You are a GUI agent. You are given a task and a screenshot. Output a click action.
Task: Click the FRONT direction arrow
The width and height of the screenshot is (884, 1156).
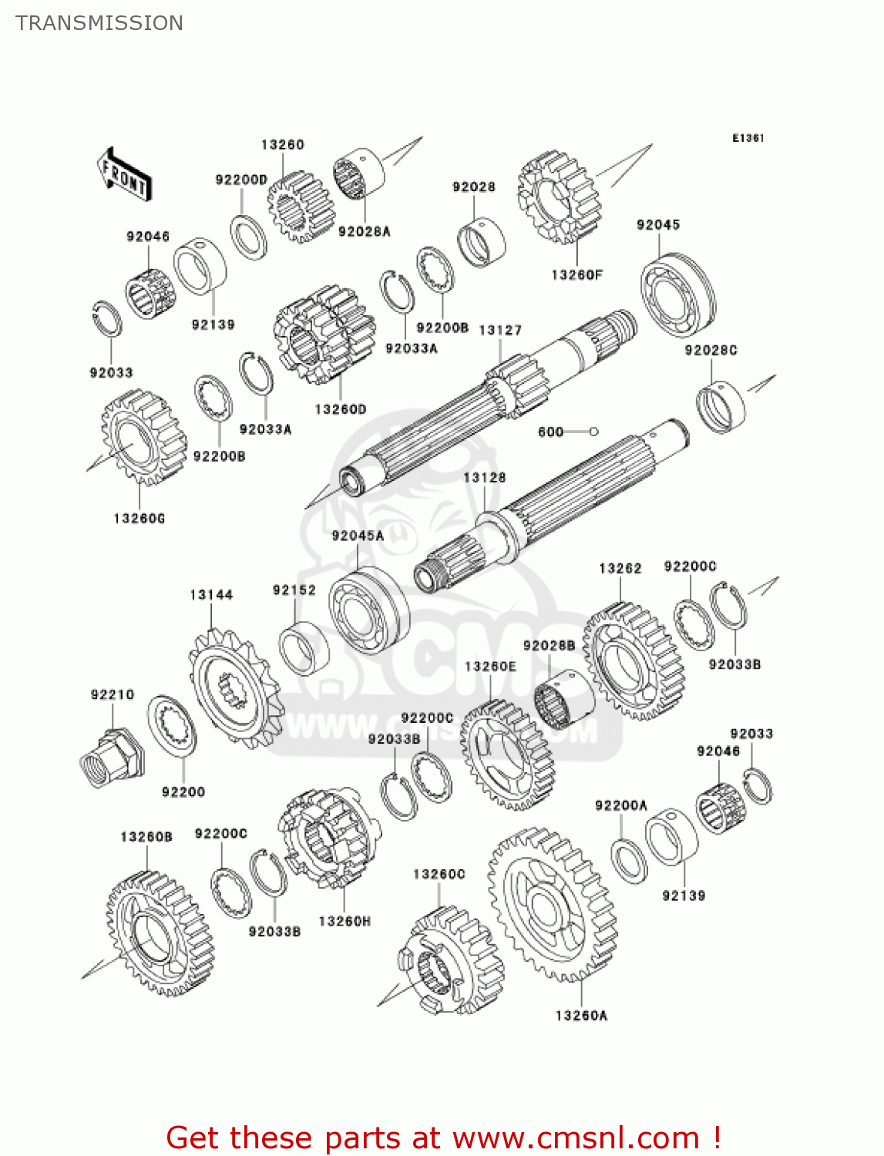[x=124, y=176]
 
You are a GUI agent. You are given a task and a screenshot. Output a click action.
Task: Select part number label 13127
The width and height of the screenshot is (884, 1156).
[x=500, y=330]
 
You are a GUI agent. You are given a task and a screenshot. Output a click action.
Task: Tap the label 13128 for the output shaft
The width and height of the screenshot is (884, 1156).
[x=485, y=478]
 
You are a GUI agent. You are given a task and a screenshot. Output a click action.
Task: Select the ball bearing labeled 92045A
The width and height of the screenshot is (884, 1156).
[x=368, y=611]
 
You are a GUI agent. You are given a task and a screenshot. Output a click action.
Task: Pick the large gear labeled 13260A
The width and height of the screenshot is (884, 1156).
[x=551, y=906]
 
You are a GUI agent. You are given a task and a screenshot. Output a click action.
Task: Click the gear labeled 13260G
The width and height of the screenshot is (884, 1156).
[x=143, y=438]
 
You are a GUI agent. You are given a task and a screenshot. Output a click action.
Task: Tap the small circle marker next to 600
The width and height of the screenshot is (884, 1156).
[x=593, y=432]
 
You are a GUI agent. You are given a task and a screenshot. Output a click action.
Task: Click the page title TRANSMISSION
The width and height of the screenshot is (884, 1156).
[x=99, y=23]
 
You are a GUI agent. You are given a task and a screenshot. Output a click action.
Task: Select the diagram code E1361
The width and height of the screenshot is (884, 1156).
[x=748, y=138]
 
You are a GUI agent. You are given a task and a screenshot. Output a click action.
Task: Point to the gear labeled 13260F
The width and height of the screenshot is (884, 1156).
[x=559, y=197]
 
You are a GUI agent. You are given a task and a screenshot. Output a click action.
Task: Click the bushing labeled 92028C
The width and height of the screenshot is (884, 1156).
[x=721, y=406]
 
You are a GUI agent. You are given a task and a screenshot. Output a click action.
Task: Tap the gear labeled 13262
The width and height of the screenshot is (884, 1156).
[x=634, y=661]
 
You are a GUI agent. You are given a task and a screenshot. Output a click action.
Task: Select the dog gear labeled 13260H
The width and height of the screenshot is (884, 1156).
[x=329, y=837]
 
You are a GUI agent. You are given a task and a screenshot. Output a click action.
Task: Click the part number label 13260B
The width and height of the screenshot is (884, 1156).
[x=146, y=837]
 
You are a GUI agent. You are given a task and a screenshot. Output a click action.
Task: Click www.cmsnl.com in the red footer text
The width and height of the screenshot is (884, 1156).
[x=575, y=1138]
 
